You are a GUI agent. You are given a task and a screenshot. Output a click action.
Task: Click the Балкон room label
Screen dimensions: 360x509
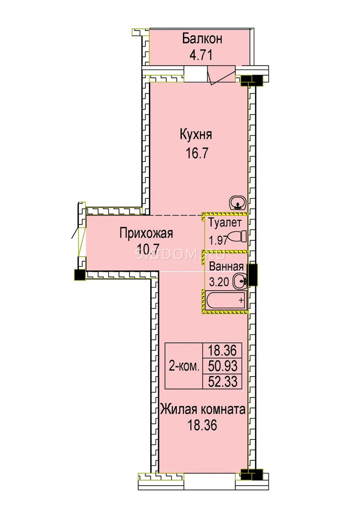202,39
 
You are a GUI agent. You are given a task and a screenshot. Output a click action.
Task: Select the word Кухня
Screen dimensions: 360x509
196,135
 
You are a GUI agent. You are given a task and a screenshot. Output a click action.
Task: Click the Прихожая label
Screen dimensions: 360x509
146,233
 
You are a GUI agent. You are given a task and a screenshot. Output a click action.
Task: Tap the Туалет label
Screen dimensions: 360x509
225,223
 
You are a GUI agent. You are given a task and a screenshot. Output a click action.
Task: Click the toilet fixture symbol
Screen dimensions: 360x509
236,237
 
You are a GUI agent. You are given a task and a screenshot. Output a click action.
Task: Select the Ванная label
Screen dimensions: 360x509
226,266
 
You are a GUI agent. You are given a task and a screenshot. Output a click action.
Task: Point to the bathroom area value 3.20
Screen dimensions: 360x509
219,282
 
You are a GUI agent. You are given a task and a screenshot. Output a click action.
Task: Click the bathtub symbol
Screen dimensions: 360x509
226,300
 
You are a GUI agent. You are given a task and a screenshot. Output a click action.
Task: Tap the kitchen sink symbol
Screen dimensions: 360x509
238,203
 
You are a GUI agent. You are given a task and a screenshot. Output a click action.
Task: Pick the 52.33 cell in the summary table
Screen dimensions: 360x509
222,381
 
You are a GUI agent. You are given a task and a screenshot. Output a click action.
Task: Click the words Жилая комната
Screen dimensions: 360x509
203,409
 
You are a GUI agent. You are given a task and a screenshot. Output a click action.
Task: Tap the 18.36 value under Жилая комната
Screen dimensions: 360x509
202,425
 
